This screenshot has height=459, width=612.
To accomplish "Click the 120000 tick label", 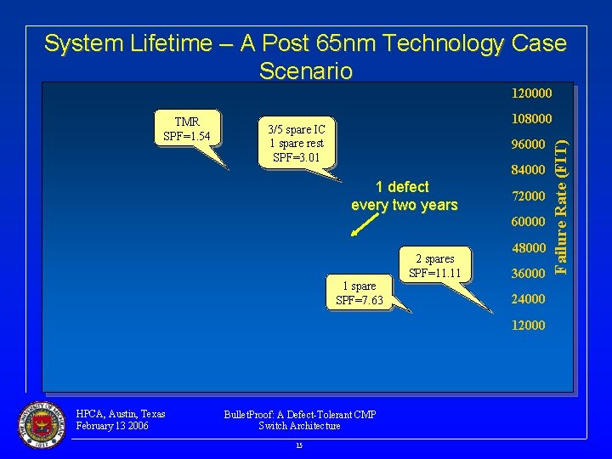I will (530, 93).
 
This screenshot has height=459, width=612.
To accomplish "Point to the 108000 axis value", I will (530, 119).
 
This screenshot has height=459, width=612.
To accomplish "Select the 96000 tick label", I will (527, 144).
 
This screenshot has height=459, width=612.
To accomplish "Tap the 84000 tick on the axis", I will (527, 171).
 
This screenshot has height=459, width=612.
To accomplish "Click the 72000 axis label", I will (527, 196).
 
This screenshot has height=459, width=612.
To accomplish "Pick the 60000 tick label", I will (527, 222).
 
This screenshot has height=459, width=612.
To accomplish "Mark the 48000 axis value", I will (527, 248).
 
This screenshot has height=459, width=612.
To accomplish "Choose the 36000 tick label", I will (527, 274).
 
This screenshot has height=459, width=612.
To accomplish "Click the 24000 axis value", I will (527, 299).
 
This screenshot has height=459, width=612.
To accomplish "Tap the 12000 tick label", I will (527, 326).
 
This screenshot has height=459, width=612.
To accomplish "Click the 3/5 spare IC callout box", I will (295, 143).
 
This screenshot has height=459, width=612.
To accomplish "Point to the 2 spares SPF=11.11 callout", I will (434, 265).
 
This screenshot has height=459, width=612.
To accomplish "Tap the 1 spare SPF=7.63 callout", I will (359, 293).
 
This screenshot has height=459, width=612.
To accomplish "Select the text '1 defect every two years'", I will (404, 195).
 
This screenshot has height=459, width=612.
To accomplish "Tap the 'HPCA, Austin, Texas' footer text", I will (120, 414).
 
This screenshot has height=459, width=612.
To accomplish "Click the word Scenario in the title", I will (305, 71).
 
